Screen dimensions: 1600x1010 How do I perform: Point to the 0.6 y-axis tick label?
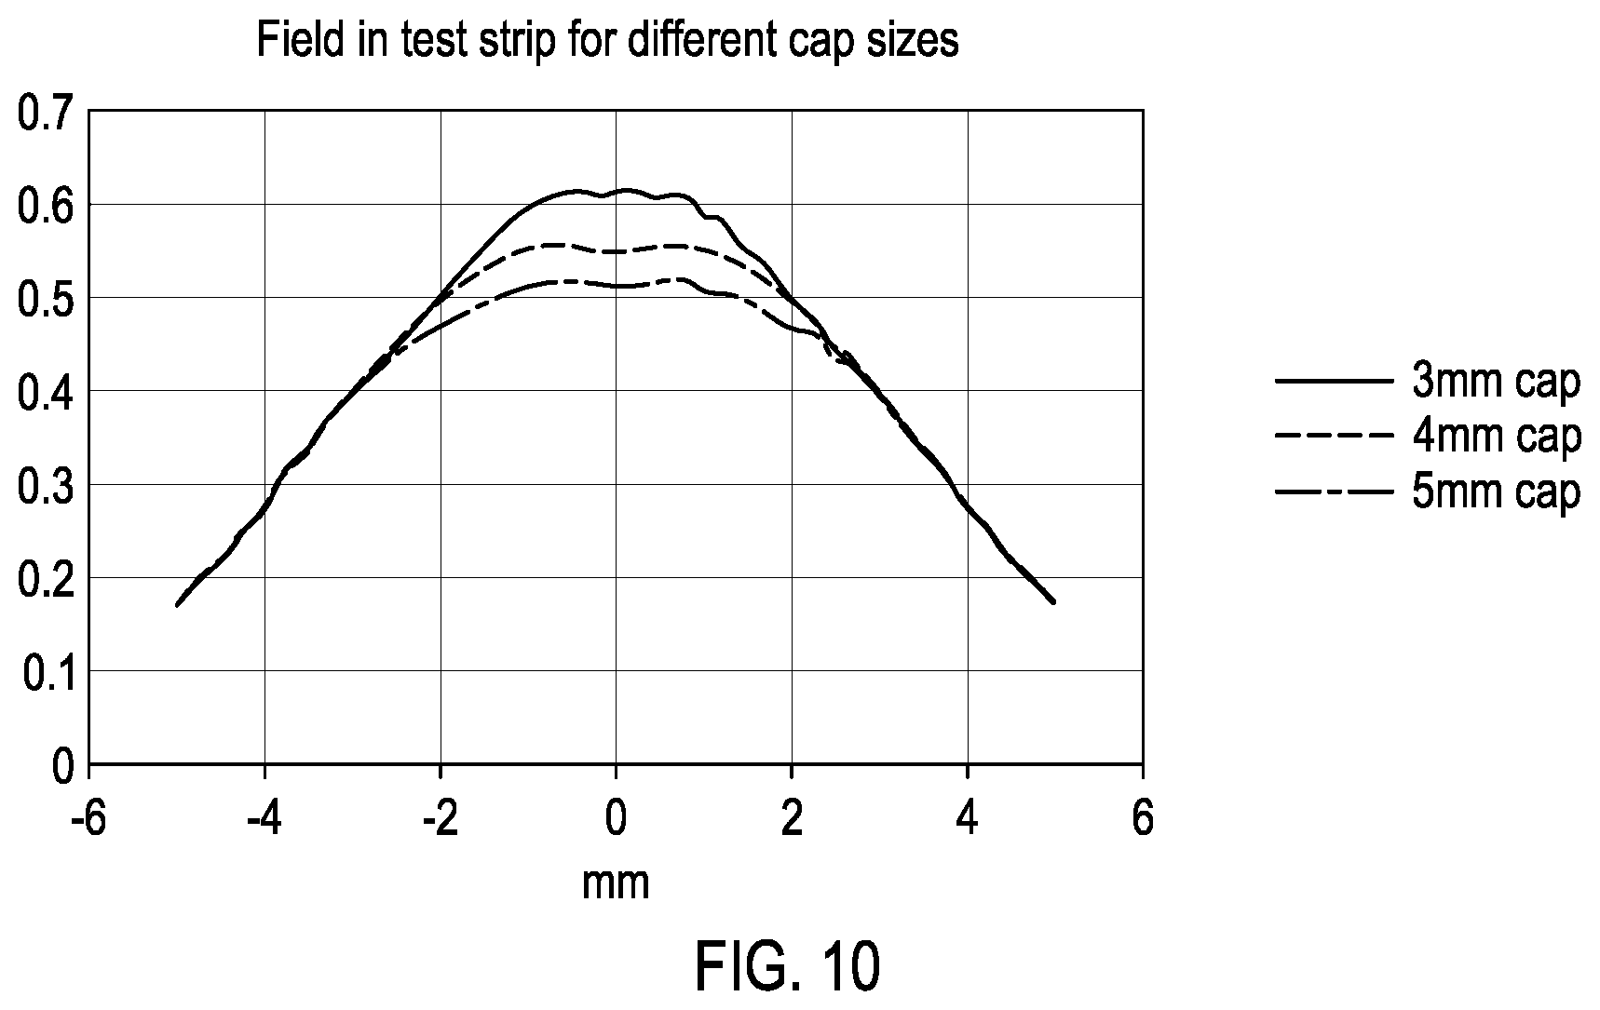(x=46, y=208)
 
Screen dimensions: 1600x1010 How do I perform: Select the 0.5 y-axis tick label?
(x=46, y=301)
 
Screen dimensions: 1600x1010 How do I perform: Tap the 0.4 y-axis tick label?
(x=46, y=394)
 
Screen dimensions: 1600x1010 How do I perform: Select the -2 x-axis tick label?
(x=440, y=820)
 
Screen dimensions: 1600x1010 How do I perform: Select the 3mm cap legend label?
(x=1497, y=383)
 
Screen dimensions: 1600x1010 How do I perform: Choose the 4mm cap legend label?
(x=1497, y=437)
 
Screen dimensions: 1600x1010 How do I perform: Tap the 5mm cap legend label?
(x=1497, y=492)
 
